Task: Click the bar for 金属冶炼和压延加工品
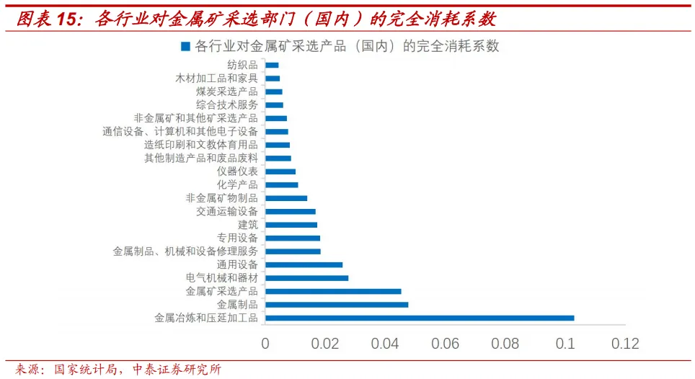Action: [x=420, y=318]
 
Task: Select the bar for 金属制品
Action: [x=337, y=305]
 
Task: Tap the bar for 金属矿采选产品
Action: [x=333, y=291]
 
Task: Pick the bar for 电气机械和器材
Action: [x=306, y=278]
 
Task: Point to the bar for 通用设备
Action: [x=304, y=264]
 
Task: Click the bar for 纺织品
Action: [x=272, y=65]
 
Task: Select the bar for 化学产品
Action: [x=281, y=185]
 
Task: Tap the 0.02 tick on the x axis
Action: [x=325, y=344]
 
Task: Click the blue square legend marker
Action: [x=185, y=47]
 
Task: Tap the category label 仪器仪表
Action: [x=237, y=171]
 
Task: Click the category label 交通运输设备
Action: [x=226, y=212]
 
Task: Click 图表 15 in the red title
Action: [x=45, y=17]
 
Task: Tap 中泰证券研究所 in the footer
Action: [x=177, y=370]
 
